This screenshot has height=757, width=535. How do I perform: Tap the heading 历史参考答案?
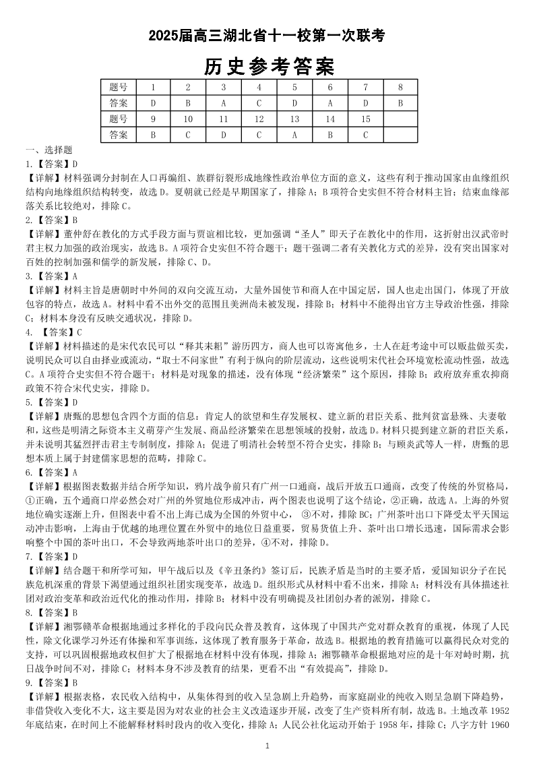[x=267, y=67]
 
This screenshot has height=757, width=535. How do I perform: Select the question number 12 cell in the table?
[x=259, y=119]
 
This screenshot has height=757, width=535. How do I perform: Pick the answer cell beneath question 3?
[x=223, y=103]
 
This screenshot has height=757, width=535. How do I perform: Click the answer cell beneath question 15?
[x=365, y=135]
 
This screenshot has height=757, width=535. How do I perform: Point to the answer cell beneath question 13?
[x=294, y=135]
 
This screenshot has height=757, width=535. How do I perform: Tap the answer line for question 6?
[x=52, y=473]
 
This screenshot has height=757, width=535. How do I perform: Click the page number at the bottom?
[x=267, y=746]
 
